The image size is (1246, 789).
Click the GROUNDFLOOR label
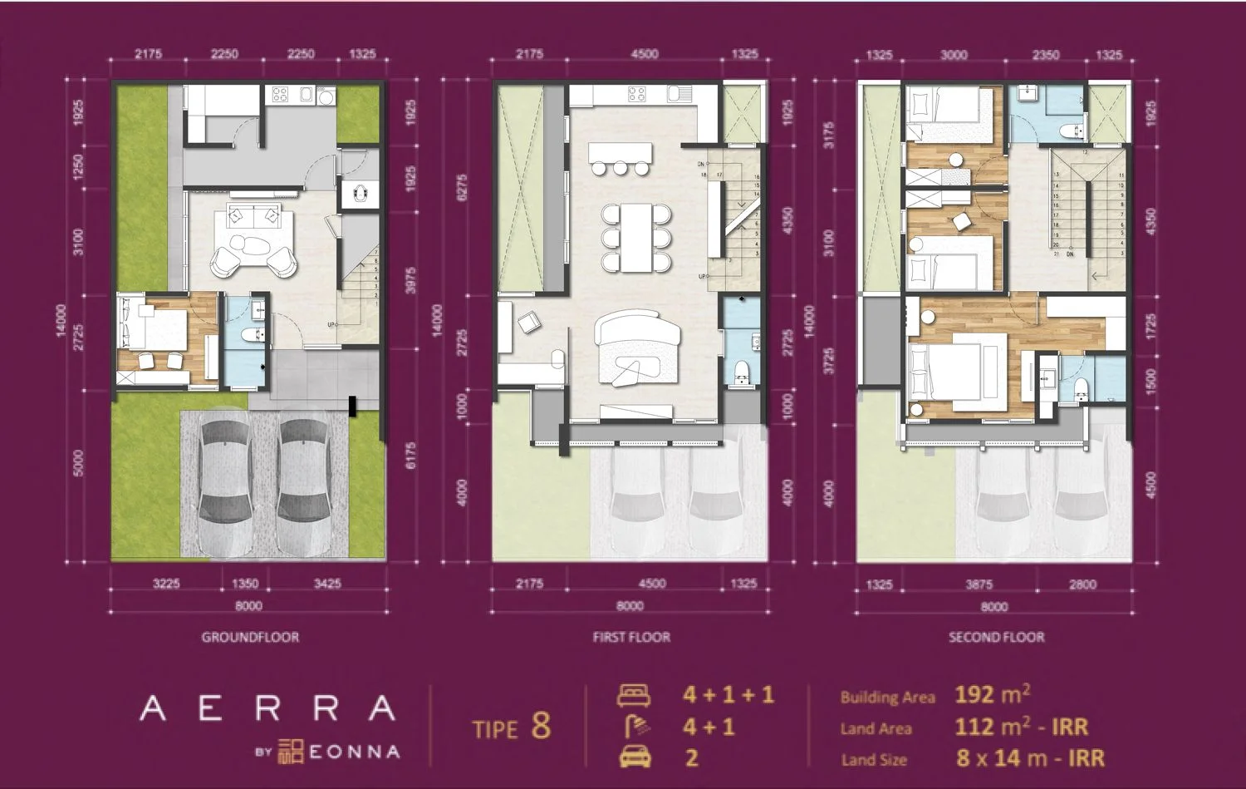tap(250, 637)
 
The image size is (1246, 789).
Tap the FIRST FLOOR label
tap(631, 637)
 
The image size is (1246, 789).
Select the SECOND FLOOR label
tap(996, 637)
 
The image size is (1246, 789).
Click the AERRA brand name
tap(267, 708)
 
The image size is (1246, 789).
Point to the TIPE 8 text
tap(511, 727)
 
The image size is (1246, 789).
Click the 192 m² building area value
tap(993, 695)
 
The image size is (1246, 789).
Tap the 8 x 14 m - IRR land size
tap(1030, 758)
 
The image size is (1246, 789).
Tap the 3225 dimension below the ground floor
tap(166, 584)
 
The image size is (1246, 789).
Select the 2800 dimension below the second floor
tap(1082, 584)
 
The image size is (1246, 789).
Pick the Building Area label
tap(887, 698)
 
